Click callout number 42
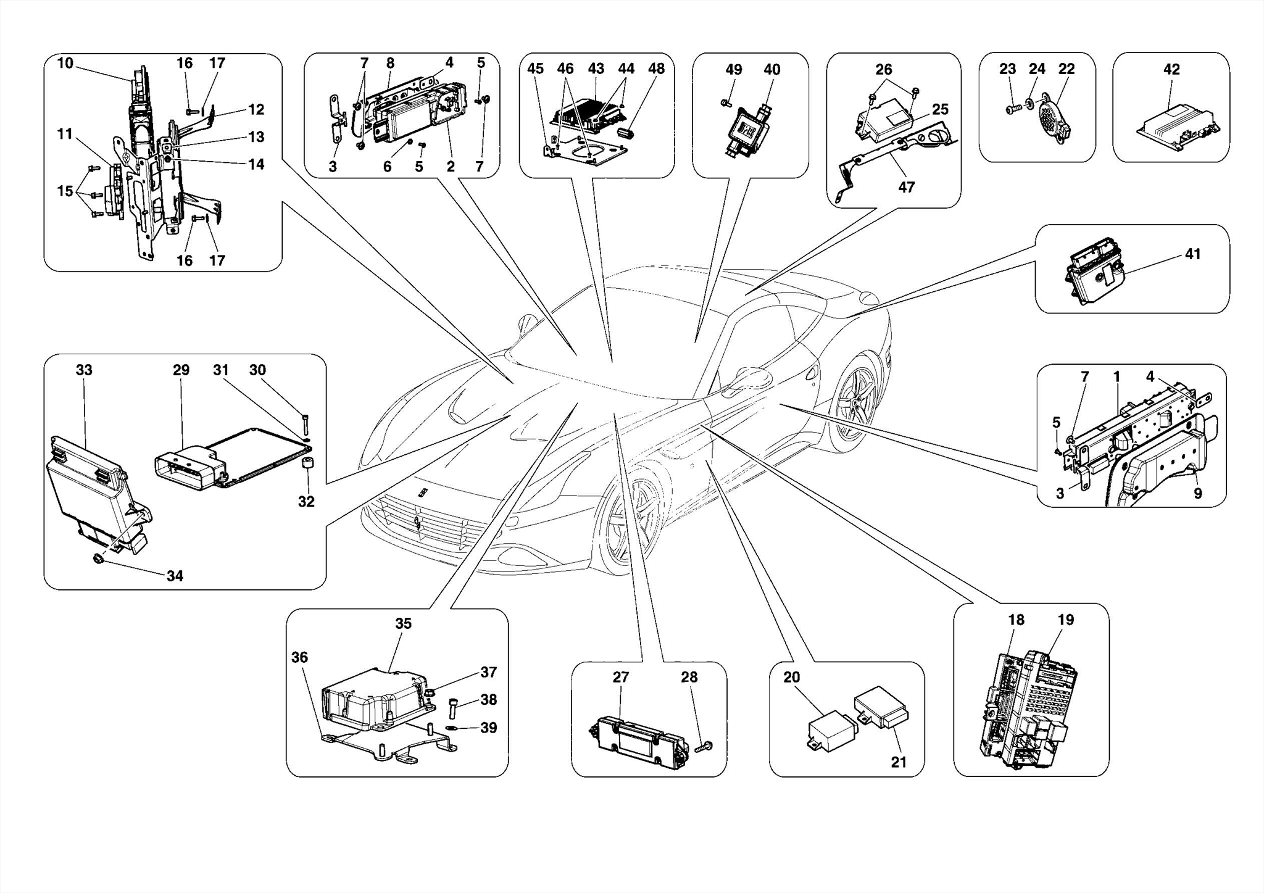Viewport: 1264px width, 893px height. [1171, 69]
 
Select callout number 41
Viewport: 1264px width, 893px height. [1192, 254]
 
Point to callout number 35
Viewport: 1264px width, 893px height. [403, 623]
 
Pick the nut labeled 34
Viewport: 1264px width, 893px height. [98, 559]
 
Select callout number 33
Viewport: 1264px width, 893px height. [84, 370]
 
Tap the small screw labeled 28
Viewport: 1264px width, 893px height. [704, 747]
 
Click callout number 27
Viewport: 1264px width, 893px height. [620, 677]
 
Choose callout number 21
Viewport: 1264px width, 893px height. [899, 762]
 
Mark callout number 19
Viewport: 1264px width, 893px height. [1065, 620]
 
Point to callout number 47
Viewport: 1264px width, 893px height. [906, 187]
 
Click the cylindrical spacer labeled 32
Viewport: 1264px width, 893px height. [306, 463]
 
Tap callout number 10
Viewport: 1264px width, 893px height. [65, 63]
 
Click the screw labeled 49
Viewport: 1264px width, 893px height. [725, 103]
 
